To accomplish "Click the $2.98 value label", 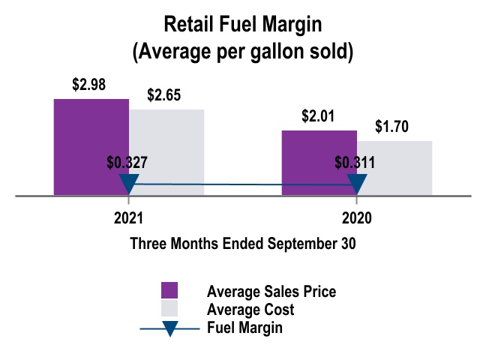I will pos(88,85).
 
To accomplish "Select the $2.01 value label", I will pos(317,116).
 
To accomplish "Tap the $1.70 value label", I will pos(391,127).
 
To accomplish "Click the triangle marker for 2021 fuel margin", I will pos(129,184).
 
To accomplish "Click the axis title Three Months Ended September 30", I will pos(242,244).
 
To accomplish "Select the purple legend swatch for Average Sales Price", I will pos(169,291).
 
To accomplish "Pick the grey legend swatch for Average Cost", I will pos(169,309).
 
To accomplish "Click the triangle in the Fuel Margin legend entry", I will pos(169,328).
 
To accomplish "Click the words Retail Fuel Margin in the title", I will pos(242,24).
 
